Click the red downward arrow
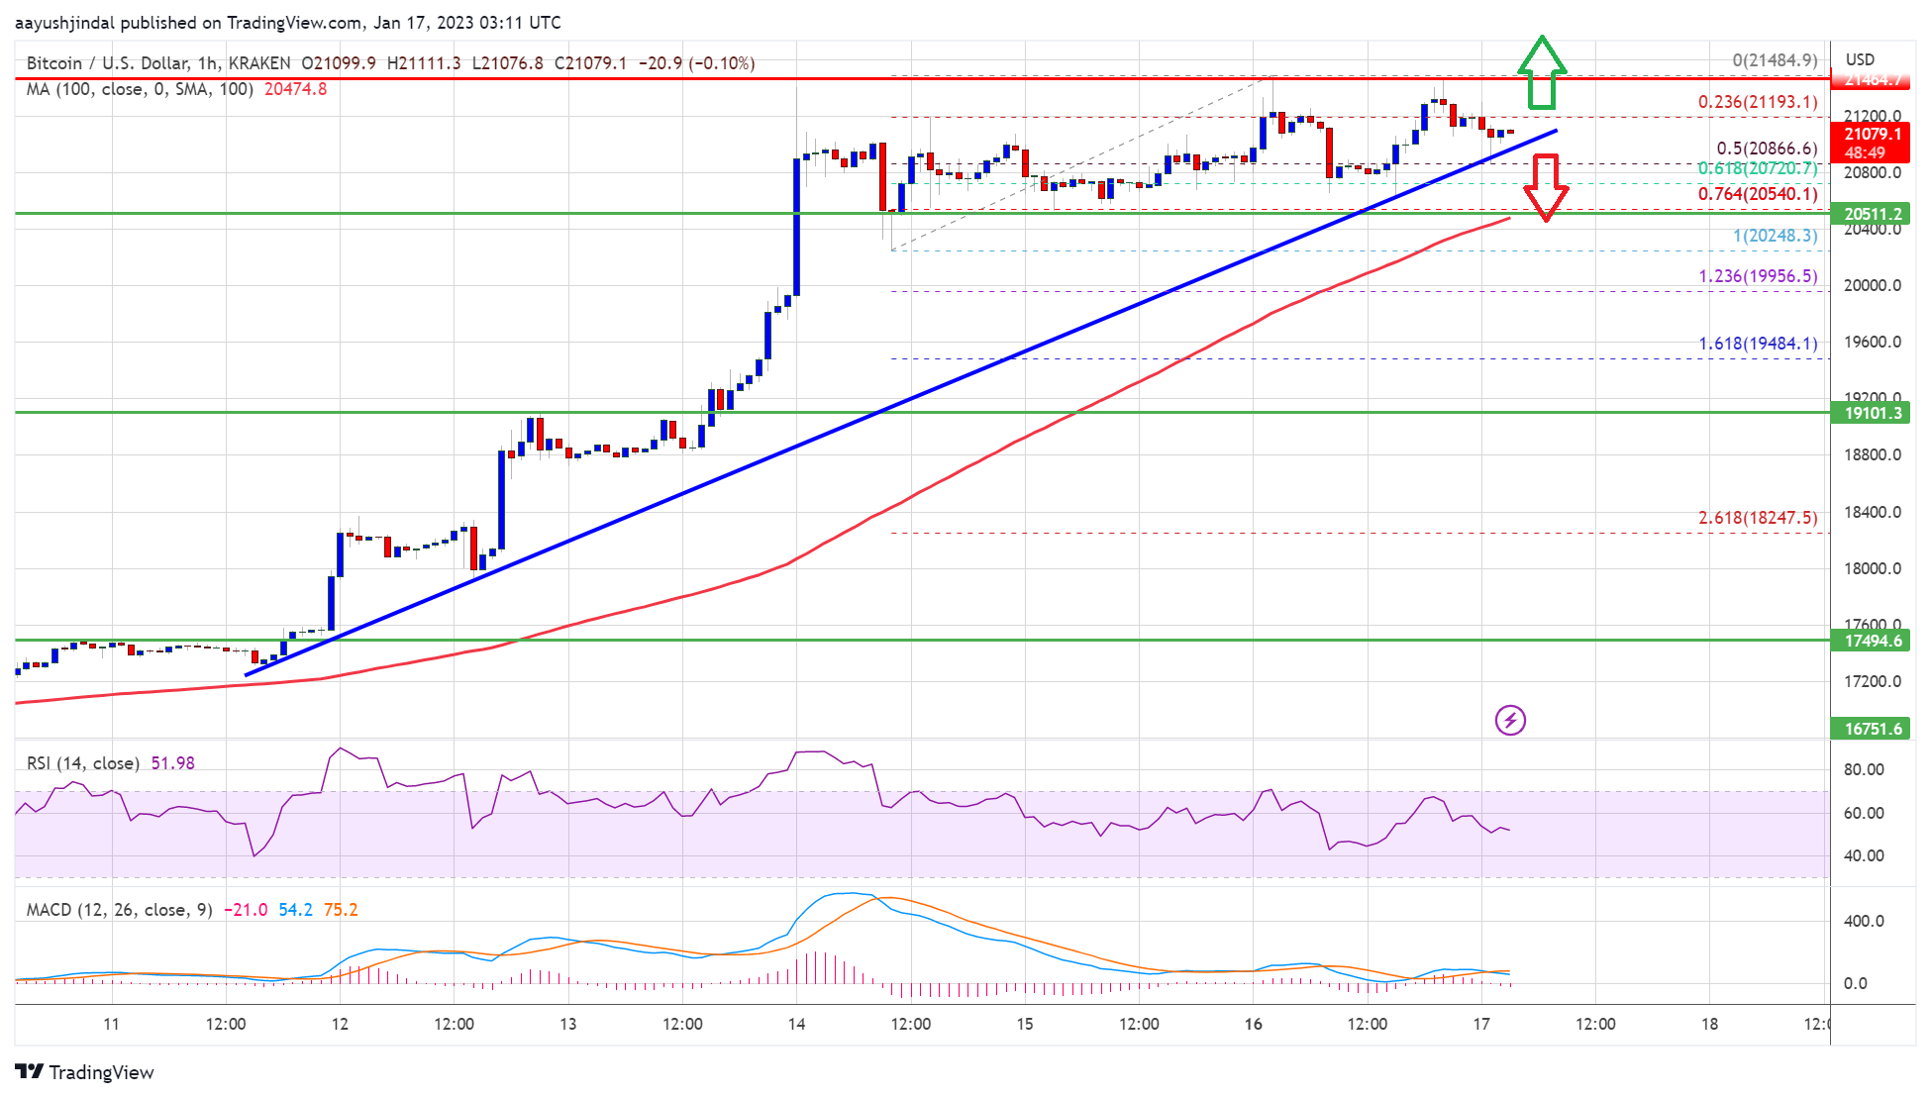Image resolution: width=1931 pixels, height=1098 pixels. click(x=1545, y=187)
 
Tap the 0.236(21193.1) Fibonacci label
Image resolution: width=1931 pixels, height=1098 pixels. click(x=1757, y=102)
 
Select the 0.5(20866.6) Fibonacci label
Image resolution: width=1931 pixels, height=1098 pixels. click(x=1767, y=149)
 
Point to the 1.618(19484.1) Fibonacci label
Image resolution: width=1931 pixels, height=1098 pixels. click(x=1758, y=345)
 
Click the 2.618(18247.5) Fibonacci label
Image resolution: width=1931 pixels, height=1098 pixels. click(x=1758, y=518)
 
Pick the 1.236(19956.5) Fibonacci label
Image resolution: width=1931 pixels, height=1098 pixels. click(x=1758, y=276)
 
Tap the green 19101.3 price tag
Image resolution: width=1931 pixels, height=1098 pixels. click(x=1871, y=413)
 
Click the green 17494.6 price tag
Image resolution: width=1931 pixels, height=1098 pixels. click(x=1871, y=641)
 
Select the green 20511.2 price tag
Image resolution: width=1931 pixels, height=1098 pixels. click(x=1871, y=214)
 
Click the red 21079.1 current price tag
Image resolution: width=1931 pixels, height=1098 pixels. click(x=1871, y=135)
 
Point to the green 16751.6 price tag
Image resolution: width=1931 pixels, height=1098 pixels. click(x=1871, y=729)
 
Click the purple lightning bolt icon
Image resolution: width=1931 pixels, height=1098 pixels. click(x=1510, y=720)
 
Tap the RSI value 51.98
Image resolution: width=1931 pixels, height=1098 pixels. click(x=172, y=763)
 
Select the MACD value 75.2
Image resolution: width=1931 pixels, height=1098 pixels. click(x=341, y=910)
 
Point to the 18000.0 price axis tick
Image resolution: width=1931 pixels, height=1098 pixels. click(x=1870, y=568)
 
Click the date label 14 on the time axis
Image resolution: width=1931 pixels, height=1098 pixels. click(x=796, y=1024)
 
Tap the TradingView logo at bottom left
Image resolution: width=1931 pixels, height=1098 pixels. click(x=85, y=1072)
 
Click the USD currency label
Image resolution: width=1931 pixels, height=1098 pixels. click(x=1860, y=59)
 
